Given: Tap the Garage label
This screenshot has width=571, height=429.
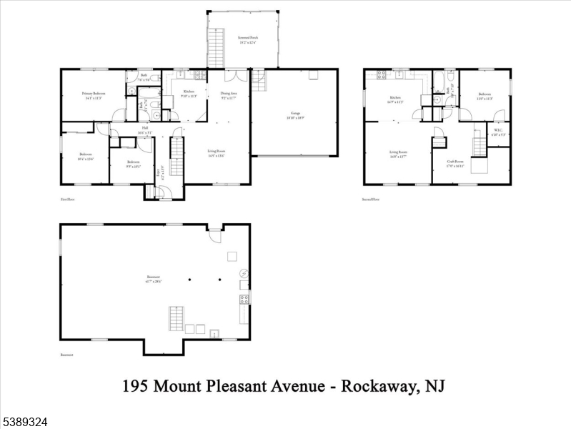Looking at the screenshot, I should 294,116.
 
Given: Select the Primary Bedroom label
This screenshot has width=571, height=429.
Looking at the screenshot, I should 93,96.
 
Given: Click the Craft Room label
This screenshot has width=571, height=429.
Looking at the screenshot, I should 455,163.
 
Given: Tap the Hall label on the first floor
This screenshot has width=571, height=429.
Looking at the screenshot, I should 144,131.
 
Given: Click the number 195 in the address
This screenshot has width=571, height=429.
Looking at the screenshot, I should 136,386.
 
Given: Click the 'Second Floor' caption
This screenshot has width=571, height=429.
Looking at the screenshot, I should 371,199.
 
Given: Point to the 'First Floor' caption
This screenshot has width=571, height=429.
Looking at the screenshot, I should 68,199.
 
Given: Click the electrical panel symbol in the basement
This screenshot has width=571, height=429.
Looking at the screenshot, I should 244,274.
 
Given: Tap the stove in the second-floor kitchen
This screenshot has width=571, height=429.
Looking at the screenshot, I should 382,74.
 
